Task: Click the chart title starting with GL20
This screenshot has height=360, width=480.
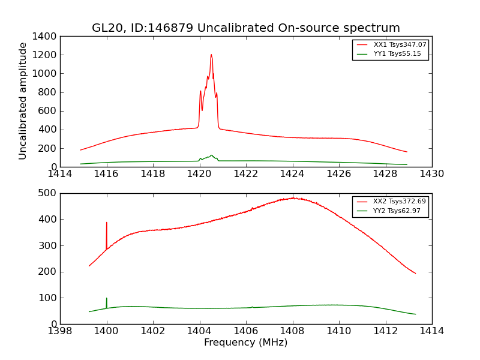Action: [x=246, y=28]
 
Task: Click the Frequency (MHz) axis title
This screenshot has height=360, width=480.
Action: [x=246, y=343]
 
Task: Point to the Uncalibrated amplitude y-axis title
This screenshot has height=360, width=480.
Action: [x=23, y=101]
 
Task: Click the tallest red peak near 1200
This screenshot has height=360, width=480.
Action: [x=211, y=55]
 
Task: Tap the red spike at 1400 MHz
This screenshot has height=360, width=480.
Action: [x=107, y=223]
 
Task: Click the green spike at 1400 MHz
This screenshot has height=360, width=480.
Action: [x=107, y=298]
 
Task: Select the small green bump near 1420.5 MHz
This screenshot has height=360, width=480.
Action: [x=211, y=155]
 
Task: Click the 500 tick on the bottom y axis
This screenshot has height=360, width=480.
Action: [x=49, y=193]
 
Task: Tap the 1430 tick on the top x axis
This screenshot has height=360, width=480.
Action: [x=432, y=174]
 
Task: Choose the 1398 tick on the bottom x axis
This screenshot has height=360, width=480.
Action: [x=60, y=331]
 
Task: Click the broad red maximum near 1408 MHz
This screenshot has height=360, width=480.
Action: [x=293, y=198]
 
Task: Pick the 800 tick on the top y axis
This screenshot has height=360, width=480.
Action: [x=49, y=92]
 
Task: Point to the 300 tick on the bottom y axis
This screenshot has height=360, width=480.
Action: [x=49, y=245]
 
